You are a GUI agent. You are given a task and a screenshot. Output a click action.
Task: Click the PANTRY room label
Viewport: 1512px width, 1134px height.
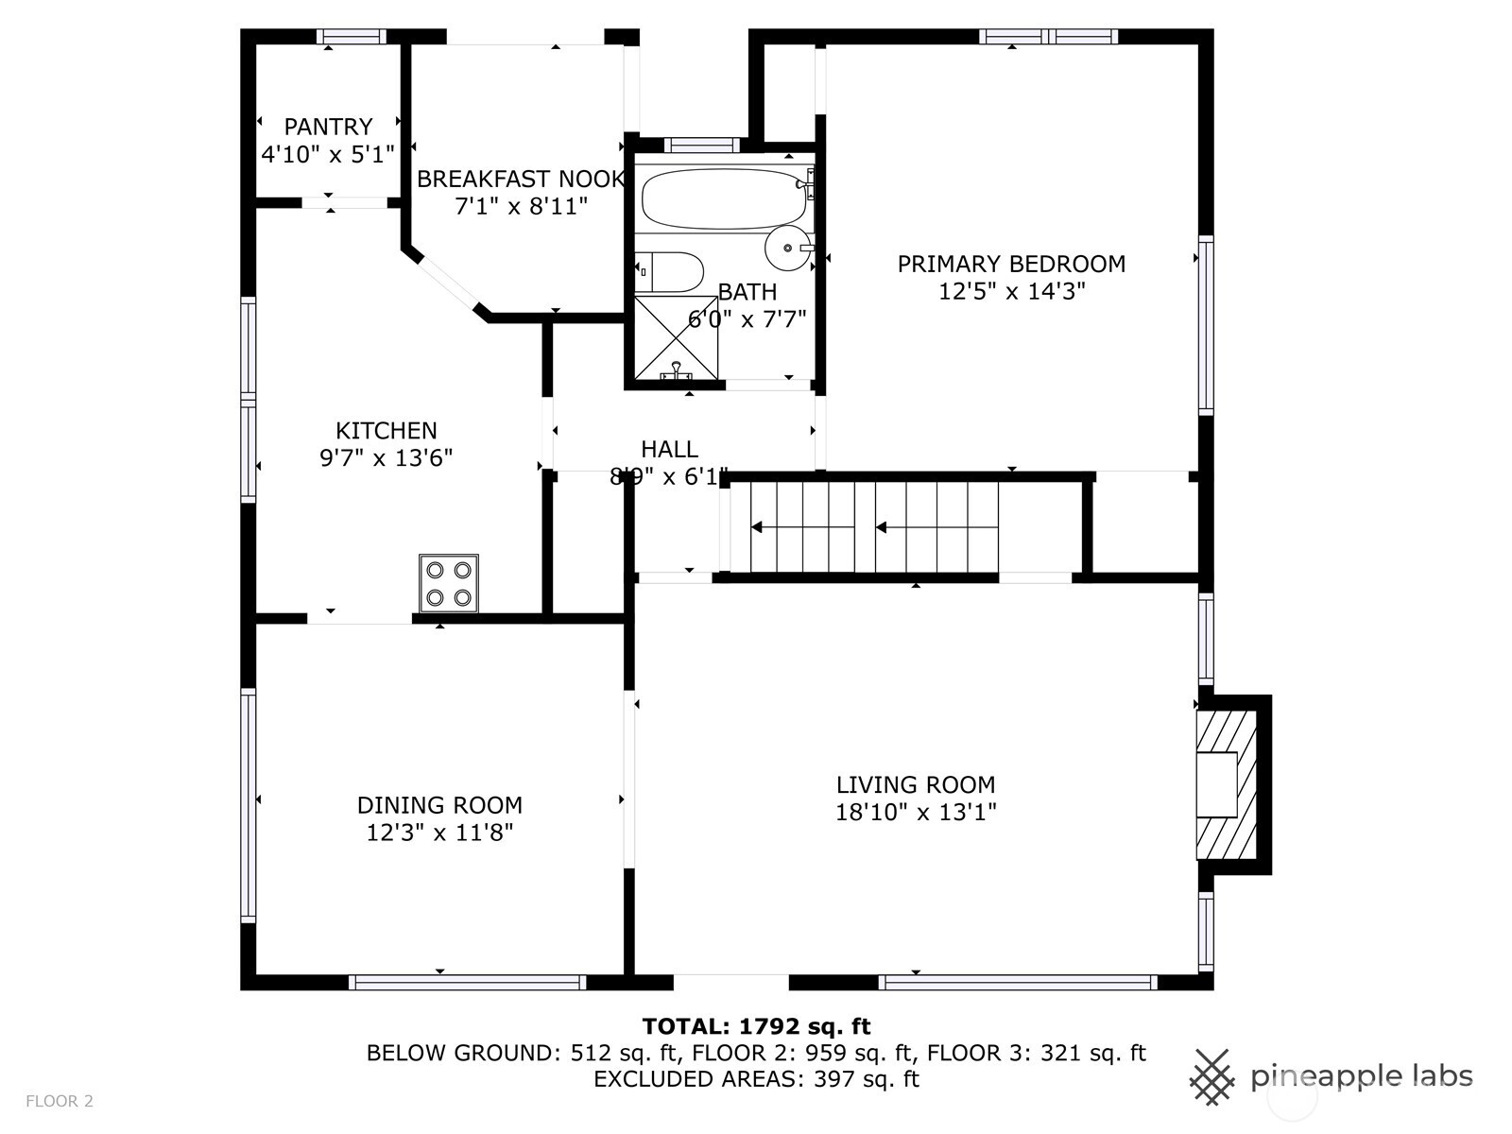tap(328, 127)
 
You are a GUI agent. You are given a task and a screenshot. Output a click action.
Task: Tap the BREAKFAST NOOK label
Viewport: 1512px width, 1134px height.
tap(521, 179)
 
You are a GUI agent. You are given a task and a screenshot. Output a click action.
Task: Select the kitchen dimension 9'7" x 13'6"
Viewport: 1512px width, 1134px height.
tap(386, 458)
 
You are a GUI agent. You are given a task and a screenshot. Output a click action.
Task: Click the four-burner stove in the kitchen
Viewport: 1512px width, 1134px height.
tap(449, 582)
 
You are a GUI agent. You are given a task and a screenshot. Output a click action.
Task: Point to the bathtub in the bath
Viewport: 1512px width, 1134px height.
tap(725, 198)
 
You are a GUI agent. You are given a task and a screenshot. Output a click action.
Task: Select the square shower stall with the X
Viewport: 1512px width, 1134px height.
tap(676, 337)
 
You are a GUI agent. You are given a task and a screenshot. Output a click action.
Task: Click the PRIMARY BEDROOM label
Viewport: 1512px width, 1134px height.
tap(1011, 264)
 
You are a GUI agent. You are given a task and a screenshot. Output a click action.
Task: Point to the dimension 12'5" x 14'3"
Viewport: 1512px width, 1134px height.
tap(1011, 291)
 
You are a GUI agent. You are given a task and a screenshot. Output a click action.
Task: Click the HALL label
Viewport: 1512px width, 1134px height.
tap(670, 449)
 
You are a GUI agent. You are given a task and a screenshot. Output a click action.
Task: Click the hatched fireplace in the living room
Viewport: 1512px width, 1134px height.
tap(1226, 785)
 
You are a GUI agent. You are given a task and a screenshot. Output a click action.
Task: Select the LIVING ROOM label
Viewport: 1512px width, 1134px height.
tap(916, 784)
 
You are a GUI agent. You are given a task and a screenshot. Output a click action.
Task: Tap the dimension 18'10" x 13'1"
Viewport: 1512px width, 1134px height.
tap(916, 813)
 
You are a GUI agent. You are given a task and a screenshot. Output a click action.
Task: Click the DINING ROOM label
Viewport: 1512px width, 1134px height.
tap(439, 805)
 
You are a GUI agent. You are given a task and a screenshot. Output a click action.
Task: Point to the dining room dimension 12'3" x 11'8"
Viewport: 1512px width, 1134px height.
tap(439, 833)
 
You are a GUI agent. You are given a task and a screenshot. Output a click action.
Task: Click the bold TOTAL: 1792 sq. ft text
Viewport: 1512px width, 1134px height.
tap(756, 1026)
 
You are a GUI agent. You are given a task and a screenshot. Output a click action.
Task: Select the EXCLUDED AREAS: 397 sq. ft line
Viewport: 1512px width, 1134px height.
tap(756, 1079)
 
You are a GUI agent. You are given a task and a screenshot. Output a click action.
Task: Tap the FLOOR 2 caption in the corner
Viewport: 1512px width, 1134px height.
tap(60, 1102)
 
